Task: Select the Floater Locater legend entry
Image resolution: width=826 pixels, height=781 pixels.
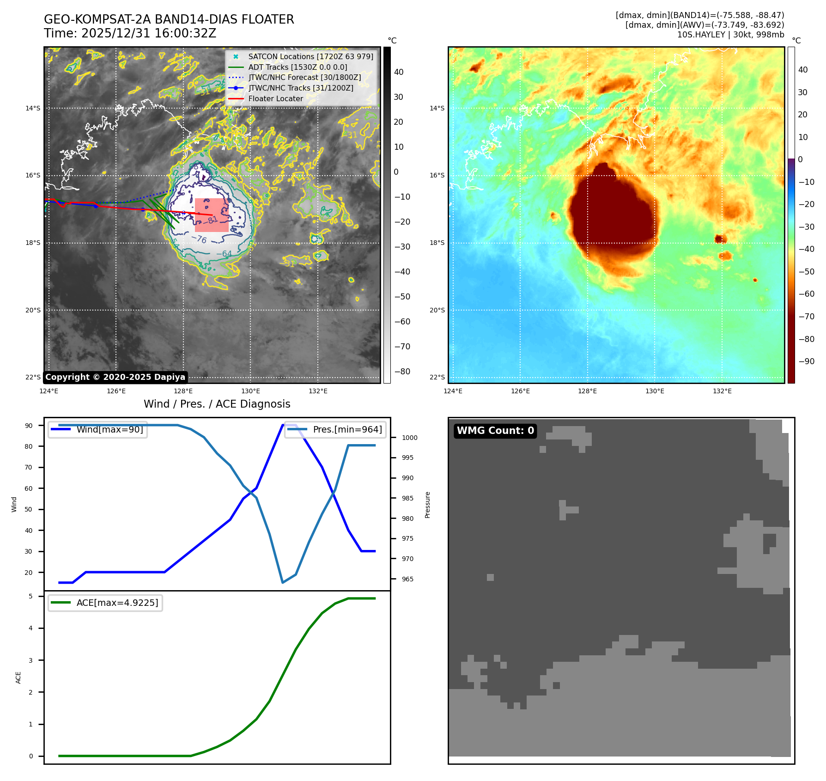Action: coord(275,98)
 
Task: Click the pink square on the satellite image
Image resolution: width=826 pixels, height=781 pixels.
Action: coord(212,215)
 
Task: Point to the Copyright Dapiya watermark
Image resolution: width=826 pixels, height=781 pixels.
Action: coord(115,377)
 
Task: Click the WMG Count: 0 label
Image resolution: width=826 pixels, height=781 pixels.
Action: coord(495,431)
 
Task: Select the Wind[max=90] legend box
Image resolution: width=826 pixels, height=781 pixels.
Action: coord(98,429)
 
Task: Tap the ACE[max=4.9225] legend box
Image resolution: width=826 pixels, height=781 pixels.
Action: coord(105,603)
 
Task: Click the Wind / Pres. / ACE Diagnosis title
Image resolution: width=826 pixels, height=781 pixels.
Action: coord(217,404)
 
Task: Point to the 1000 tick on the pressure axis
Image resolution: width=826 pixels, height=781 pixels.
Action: coord(409,438)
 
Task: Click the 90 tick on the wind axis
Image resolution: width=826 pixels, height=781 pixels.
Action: coord(29,426)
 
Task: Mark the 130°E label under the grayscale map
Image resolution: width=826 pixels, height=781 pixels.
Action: coord(250,391)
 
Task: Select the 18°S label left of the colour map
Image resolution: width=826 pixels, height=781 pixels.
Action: coord(437,243)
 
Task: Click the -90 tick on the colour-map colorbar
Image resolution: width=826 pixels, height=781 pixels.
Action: coord(807,361)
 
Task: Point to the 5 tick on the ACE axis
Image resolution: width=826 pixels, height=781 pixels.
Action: coord(31,596)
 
